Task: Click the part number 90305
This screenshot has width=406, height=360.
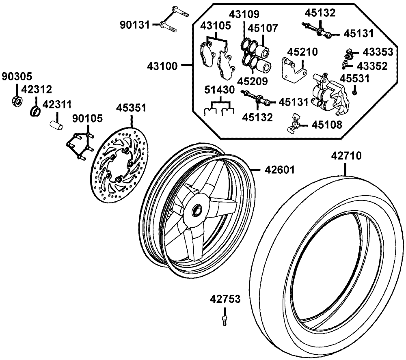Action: pos(17,77)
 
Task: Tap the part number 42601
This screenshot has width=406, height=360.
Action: pos(280,170)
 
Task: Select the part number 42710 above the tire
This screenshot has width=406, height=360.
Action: pos(346,156)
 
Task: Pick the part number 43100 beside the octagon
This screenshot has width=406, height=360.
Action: pos(162,66)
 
